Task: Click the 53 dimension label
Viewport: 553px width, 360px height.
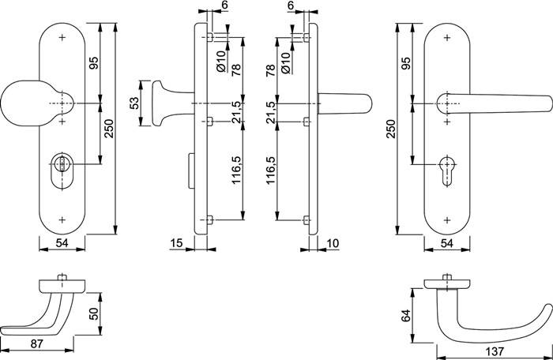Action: (134, 103)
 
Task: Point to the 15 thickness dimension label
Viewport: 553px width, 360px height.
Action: (176, 243)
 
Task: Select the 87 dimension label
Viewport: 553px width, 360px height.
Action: (36, 343)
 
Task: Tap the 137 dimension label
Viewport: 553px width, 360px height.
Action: (495, 351)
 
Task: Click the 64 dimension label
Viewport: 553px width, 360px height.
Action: (406, 315)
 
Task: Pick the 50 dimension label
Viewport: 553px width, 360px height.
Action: (93, 313)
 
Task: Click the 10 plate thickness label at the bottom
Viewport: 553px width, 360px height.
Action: (333, 243)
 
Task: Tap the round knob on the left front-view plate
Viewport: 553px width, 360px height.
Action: (37, 103)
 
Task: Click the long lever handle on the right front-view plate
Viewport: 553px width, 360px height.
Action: (494, 103)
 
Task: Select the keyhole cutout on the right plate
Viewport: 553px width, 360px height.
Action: (447, 170)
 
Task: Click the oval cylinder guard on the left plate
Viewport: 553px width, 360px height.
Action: (62, 172)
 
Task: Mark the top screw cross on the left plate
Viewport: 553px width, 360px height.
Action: (62, 37)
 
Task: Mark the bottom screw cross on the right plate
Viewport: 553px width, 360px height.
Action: (447, 220)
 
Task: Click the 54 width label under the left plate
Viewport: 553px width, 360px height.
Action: (62, 243)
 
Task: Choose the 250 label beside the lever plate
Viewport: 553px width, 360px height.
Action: (392, 129)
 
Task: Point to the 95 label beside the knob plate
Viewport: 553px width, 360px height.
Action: (94, 62)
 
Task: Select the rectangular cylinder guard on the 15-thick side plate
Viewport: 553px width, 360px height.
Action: (192, 171)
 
